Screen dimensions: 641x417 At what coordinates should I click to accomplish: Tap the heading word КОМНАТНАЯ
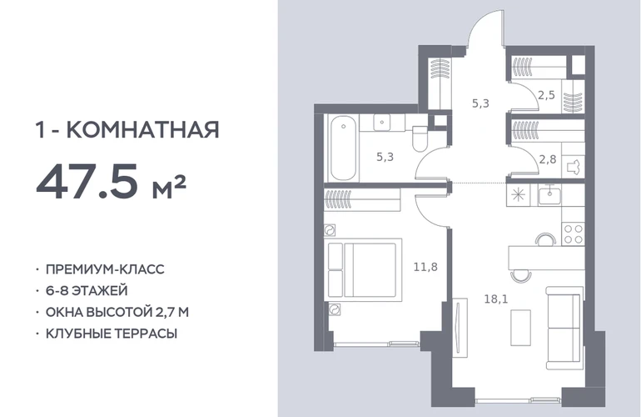coord(142,129)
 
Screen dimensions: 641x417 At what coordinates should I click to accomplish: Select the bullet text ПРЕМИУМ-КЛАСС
coord(105,269)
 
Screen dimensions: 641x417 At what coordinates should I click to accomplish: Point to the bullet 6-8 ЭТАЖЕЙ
coord(87,290)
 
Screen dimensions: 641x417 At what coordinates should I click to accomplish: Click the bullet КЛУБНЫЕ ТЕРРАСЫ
coord(112,334)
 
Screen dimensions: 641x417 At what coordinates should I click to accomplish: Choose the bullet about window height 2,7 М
coord(117,312)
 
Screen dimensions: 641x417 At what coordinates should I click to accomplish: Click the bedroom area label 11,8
coord(425,267)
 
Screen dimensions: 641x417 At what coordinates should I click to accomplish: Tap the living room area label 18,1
coord(496,299)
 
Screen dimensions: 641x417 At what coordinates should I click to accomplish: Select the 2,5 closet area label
coord(546,95)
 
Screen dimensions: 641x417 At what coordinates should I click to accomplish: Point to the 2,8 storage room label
coord(548,159)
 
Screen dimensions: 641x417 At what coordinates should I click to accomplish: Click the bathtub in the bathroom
coord(343,148)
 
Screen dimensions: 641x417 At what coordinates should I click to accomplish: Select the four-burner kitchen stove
coord(573,234)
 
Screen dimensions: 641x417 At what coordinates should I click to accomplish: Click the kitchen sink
coord(549,194)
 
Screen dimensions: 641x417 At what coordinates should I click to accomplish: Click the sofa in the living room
coord(564,328)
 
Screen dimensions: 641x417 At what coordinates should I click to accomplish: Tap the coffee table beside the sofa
coord(521,328)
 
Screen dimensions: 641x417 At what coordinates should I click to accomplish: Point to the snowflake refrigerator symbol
coord(518,194)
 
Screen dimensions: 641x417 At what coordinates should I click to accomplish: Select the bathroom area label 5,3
coord(385,157)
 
